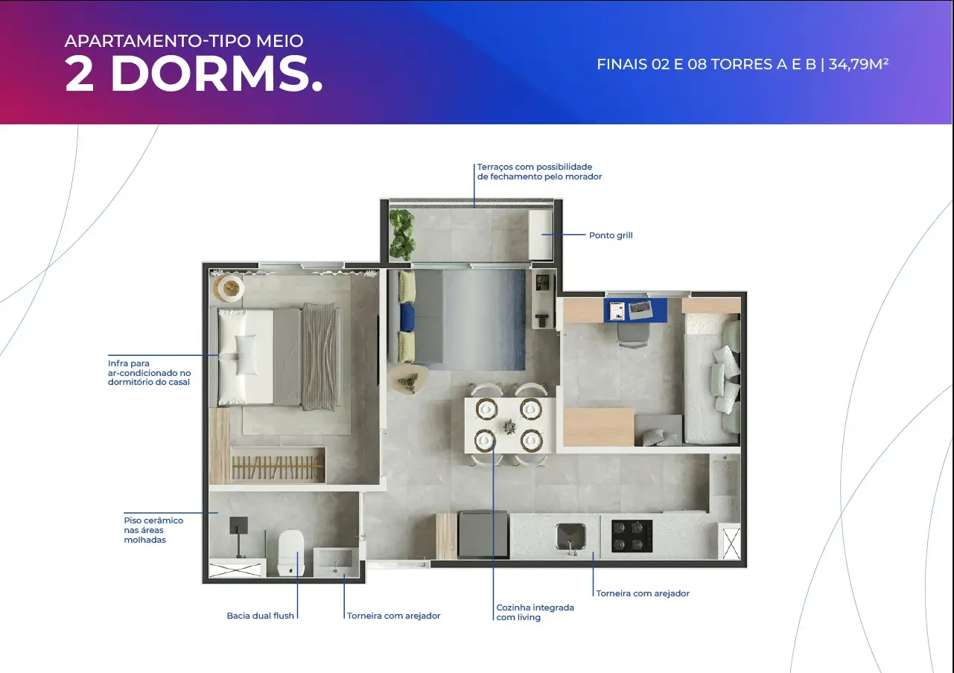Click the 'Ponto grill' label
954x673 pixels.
point(611,235)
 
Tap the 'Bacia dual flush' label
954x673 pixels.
point(260,616)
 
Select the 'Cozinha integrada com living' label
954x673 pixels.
point(535,612)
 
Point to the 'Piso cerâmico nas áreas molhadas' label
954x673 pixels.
point(153,530)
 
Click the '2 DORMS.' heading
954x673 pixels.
point(194,73)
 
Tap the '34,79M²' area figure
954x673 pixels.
point(859,64)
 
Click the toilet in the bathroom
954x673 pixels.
point(291,552)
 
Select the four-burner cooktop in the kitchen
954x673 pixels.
point(632,536)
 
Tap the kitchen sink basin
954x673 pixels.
point(571,538)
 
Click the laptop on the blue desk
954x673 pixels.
point(640,310)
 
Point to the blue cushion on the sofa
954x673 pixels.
point(407,318)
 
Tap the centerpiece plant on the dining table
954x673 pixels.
point(509,426)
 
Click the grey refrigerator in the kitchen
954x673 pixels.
point(483,535)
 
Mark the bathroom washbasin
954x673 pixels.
point(336,562)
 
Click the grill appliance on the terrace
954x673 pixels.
point(541,234)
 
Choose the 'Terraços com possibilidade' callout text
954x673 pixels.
point(535,167)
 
